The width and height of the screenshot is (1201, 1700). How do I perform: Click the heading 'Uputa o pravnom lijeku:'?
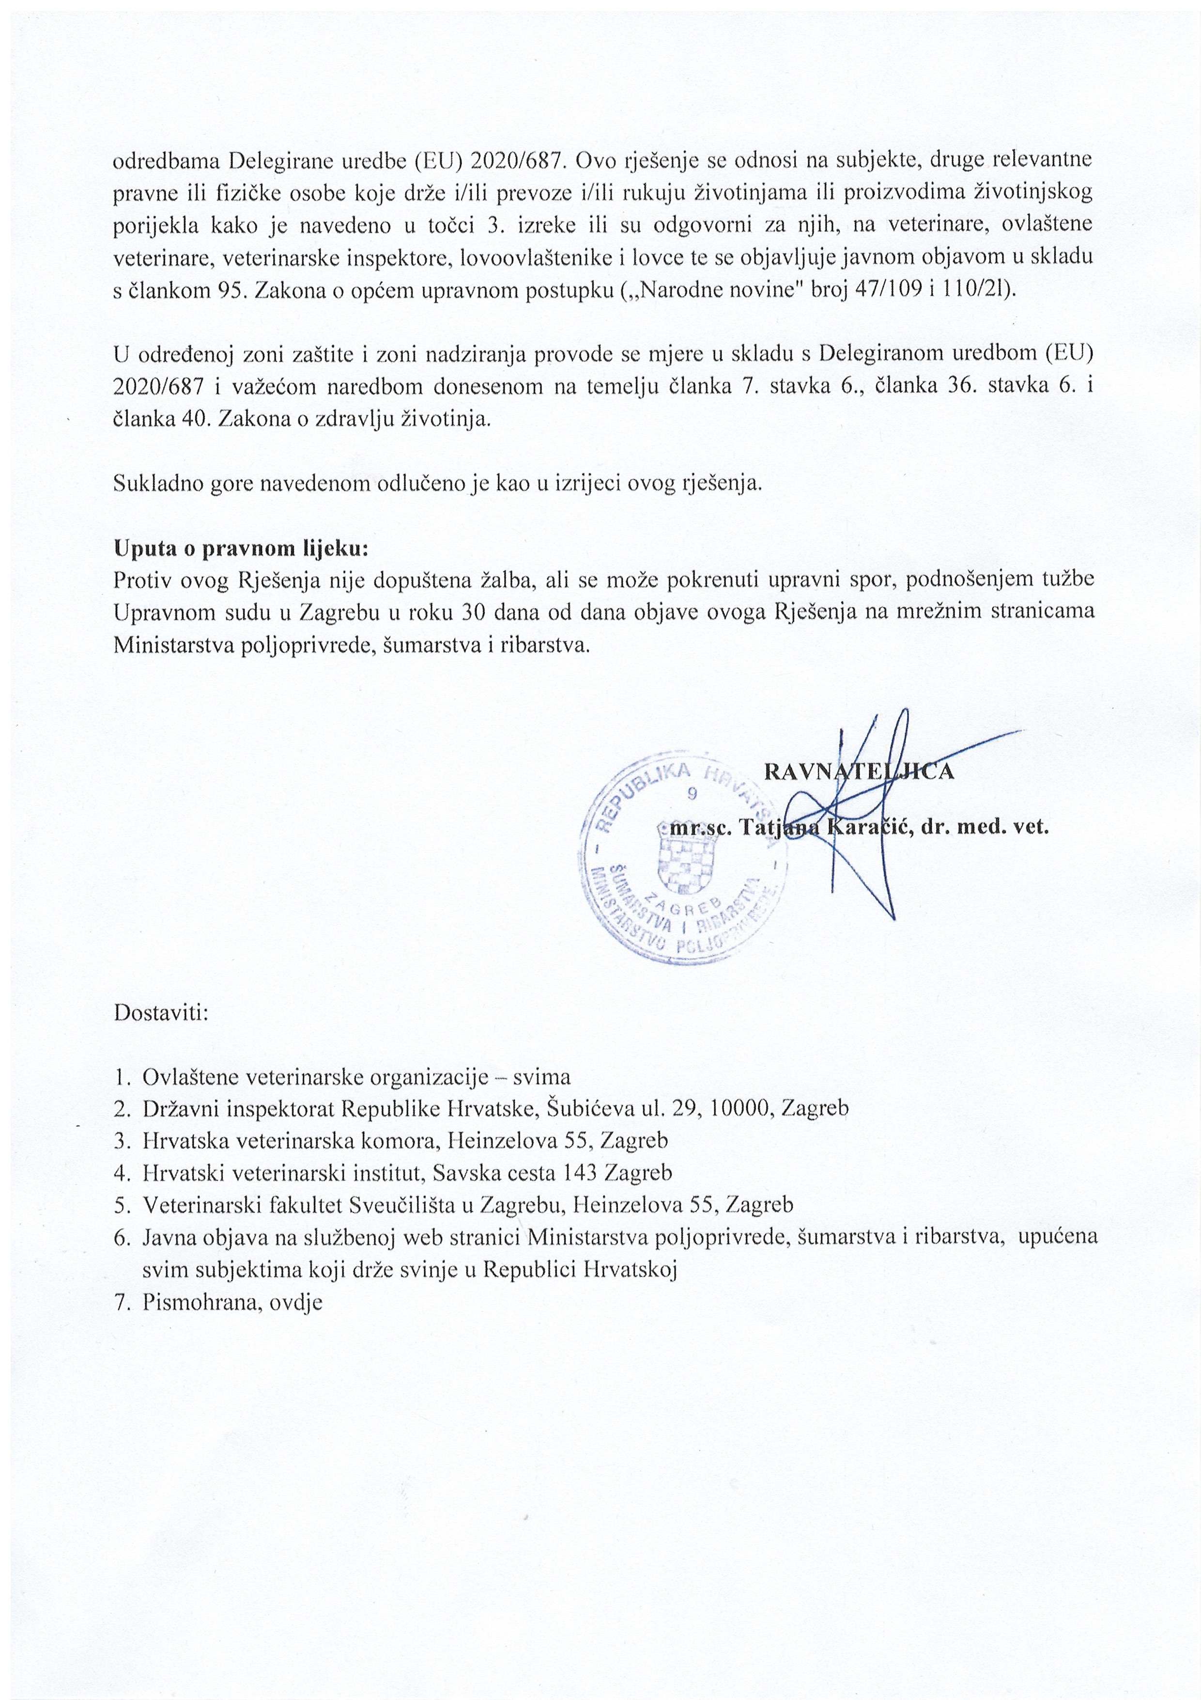[x=241, y=550]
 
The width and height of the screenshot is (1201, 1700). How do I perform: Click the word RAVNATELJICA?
[x=859, y=771]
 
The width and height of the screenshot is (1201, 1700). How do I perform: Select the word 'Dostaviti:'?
[x=161, y=1011]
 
